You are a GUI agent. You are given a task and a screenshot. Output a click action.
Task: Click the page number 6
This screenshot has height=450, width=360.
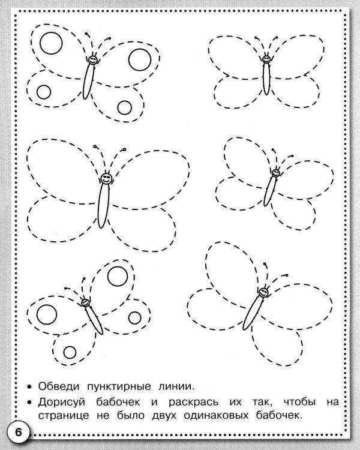tap(19, 431)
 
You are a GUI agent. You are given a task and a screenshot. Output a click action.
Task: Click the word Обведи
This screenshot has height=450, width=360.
tap(59, 386)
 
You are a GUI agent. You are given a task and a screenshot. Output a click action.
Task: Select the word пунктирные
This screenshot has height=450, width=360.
tap(119, 386)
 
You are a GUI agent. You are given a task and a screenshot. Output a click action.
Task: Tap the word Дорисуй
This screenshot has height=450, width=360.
tap(62, 403)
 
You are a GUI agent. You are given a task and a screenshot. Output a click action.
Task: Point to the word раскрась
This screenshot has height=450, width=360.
tap(193, 403)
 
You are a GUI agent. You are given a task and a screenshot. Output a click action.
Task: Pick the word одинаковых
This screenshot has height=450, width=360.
tap(216, 415)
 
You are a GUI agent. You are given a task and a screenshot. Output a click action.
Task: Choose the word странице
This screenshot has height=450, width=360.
tap(64, 416)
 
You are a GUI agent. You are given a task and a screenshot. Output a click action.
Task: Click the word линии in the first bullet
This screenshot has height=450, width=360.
tap(176, 386)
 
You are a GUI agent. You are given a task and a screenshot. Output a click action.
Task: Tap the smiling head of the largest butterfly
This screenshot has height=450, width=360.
tap(106, 179)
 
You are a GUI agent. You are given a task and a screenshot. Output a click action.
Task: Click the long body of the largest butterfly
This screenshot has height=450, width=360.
tap(103, 206)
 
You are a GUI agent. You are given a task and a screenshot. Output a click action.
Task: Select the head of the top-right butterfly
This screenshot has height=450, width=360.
tap(266, 59)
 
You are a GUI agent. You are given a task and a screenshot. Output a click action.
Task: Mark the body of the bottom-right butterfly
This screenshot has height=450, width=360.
tap(253, 313)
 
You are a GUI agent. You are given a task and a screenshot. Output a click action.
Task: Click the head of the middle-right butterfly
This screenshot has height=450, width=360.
tap(275, 173)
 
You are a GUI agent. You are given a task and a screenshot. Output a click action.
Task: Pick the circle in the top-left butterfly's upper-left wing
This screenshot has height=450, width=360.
tap(51, 43)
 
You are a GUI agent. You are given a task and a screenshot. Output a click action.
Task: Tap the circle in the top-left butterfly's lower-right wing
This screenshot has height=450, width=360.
tap(125, 107)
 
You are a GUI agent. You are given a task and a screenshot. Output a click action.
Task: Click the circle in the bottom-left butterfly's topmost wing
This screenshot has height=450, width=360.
tap(118, 276)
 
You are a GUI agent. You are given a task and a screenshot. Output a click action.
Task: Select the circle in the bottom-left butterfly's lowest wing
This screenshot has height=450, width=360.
tap(70, 352)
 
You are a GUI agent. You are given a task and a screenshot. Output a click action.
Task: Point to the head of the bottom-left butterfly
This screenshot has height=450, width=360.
tap(85, 303)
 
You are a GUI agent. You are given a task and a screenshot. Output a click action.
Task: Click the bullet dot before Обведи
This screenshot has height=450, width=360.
tap(29, 387)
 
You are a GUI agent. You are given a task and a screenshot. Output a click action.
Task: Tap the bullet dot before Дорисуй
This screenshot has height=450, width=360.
tap(29, 403)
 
